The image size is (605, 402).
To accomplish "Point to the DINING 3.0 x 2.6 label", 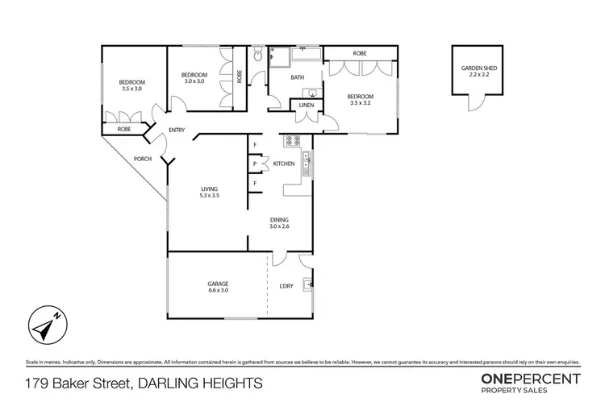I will point(280,223).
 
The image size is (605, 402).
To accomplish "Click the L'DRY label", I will point(285,288).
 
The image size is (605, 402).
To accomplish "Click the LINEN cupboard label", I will point(306,106).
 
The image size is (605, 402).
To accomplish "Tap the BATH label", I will point(297,78).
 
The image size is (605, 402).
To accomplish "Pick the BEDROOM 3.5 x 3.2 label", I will point(362,100).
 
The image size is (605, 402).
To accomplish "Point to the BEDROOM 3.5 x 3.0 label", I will point(131,86).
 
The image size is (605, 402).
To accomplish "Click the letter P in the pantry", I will point(255,164).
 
